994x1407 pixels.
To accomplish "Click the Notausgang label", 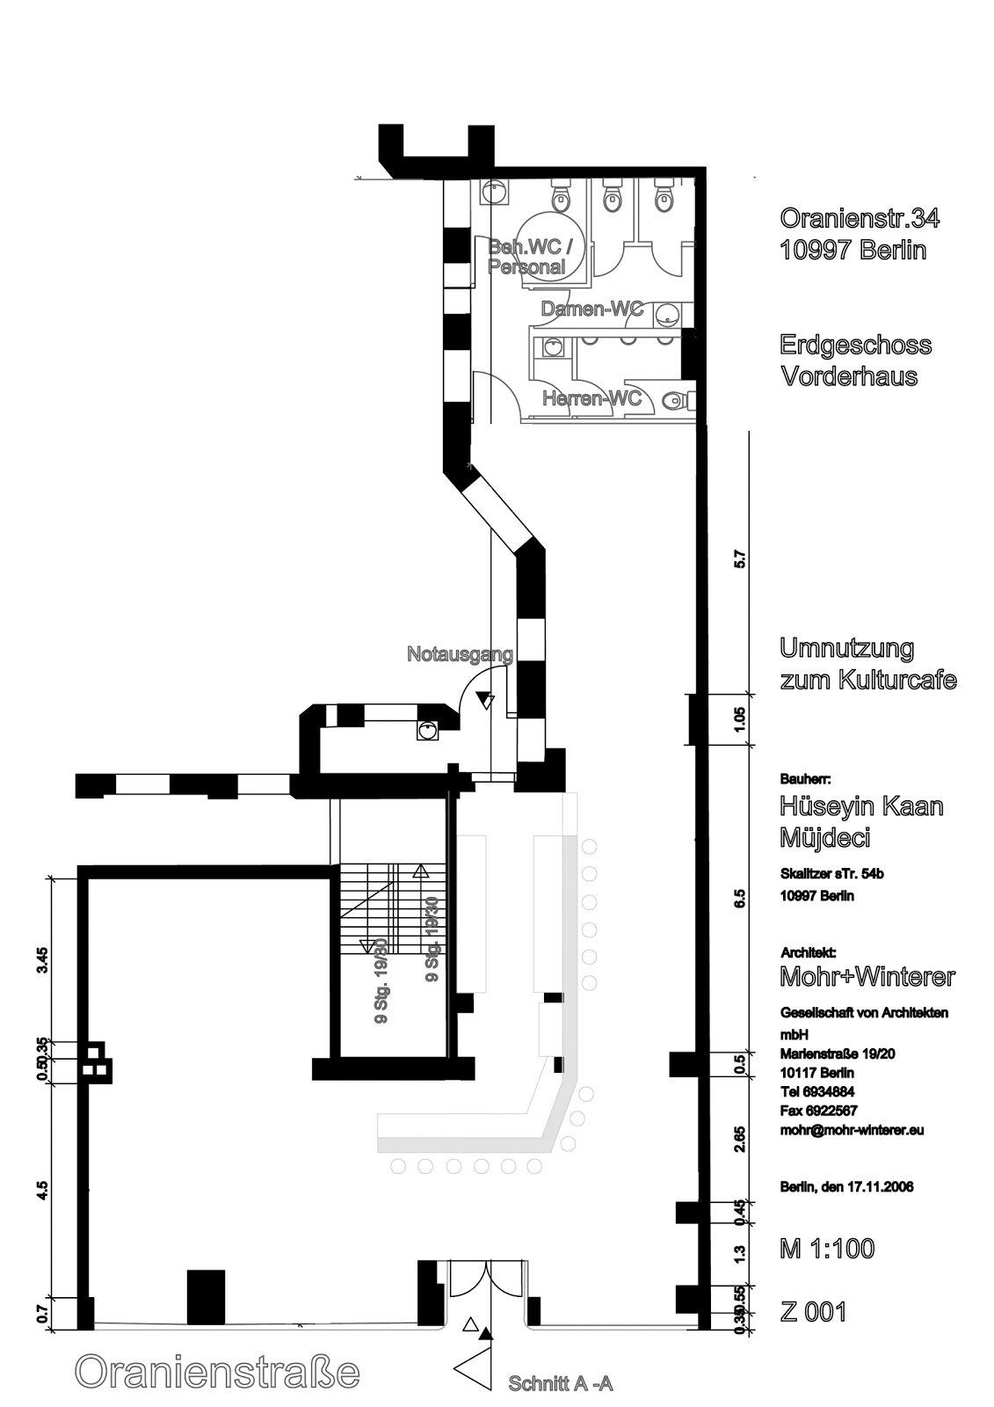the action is point(460,654).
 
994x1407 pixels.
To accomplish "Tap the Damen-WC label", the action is point(591,310).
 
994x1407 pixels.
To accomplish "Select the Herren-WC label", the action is point(591,398).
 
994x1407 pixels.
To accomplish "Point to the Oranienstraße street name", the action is point(218,1372).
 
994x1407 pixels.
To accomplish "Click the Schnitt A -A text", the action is point(560,1383).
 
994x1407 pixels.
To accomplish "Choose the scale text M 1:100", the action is point(827,1249).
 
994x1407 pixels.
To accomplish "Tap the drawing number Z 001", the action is point(813,1312).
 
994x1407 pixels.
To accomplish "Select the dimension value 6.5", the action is point(739,898).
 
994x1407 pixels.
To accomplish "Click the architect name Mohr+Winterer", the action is point(867,977).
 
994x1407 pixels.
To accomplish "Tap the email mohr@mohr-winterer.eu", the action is point(852,1131).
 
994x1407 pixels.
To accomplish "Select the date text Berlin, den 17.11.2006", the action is point(846,1187).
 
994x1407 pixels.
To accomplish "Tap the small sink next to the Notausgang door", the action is point(428,730).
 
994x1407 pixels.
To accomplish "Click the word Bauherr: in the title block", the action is point(805,779).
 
